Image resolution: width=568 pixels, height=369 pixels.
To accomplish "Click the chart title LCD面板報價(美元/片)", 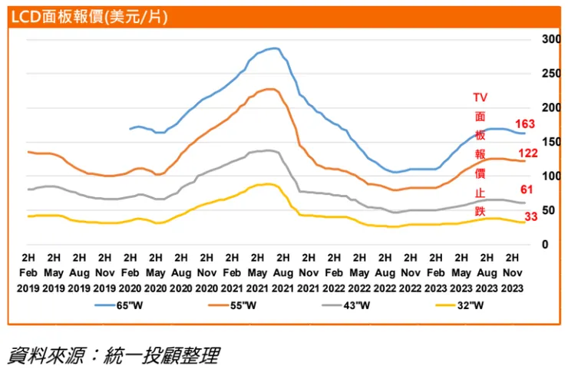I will pos(90,15).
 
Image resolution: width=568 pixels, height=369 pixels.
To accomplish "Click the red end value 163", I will pos(525,124).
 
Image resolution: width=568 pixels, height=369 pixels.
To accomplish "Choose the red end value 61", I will pos(528,189).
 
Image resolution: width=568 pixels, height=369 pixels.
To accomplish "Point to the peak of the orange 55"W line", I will pos(271,89).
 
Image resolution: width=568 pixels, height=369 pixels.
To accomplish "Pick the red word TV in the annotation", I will pos(480,97).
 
